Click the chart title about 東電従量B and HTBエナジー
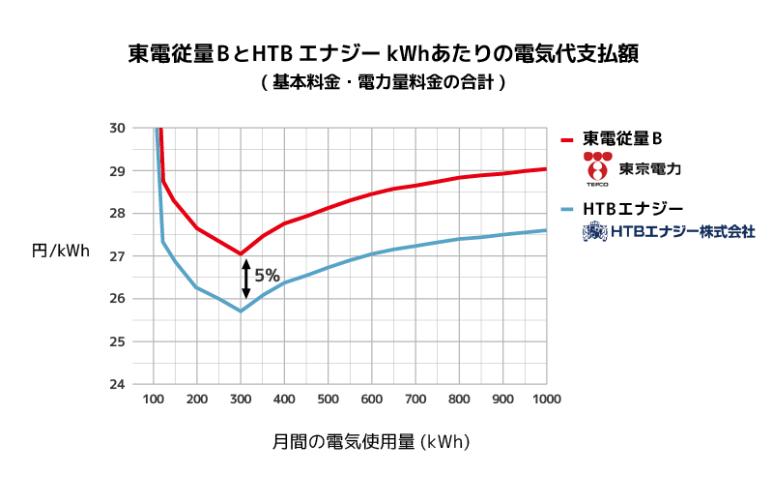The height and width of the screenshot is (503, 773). [x=386, y=52]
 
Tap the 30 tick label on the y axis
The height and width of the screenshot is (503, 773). [x=116, y=128]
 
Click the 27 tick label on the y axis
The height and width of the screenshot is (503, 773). [x=116, y=256]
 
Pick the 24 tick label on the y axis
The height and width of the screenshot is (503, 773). [x=116, y=384]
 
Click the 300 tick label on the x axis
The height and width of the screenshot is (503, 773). [x=241, y=399]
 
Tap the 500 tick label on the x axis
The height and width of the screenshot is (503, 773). [x=329, y=399]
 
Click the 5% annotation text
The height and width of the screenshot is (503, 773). [x=268, y=276]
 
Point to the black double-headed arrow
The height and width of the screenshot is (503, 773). [x=246, y=278]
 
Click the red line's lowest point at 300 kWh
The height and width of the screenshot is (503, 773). [x=241, y=253]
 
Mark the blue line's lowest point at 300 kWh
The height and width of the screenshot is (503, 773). [x=241, y=311]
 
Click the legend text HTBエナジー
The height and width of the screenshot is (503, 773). [x=633, y=209]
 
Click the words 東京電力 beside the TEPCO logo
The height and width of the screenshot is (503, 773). [x=651, y=168]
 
